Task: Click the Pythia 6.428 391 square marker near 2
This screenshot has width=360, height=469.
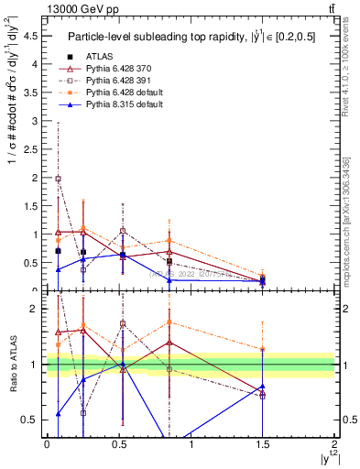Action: [58, 180]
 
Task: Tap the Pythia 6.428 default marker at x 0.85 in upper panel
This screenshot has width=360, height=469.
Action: [169, 241]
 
